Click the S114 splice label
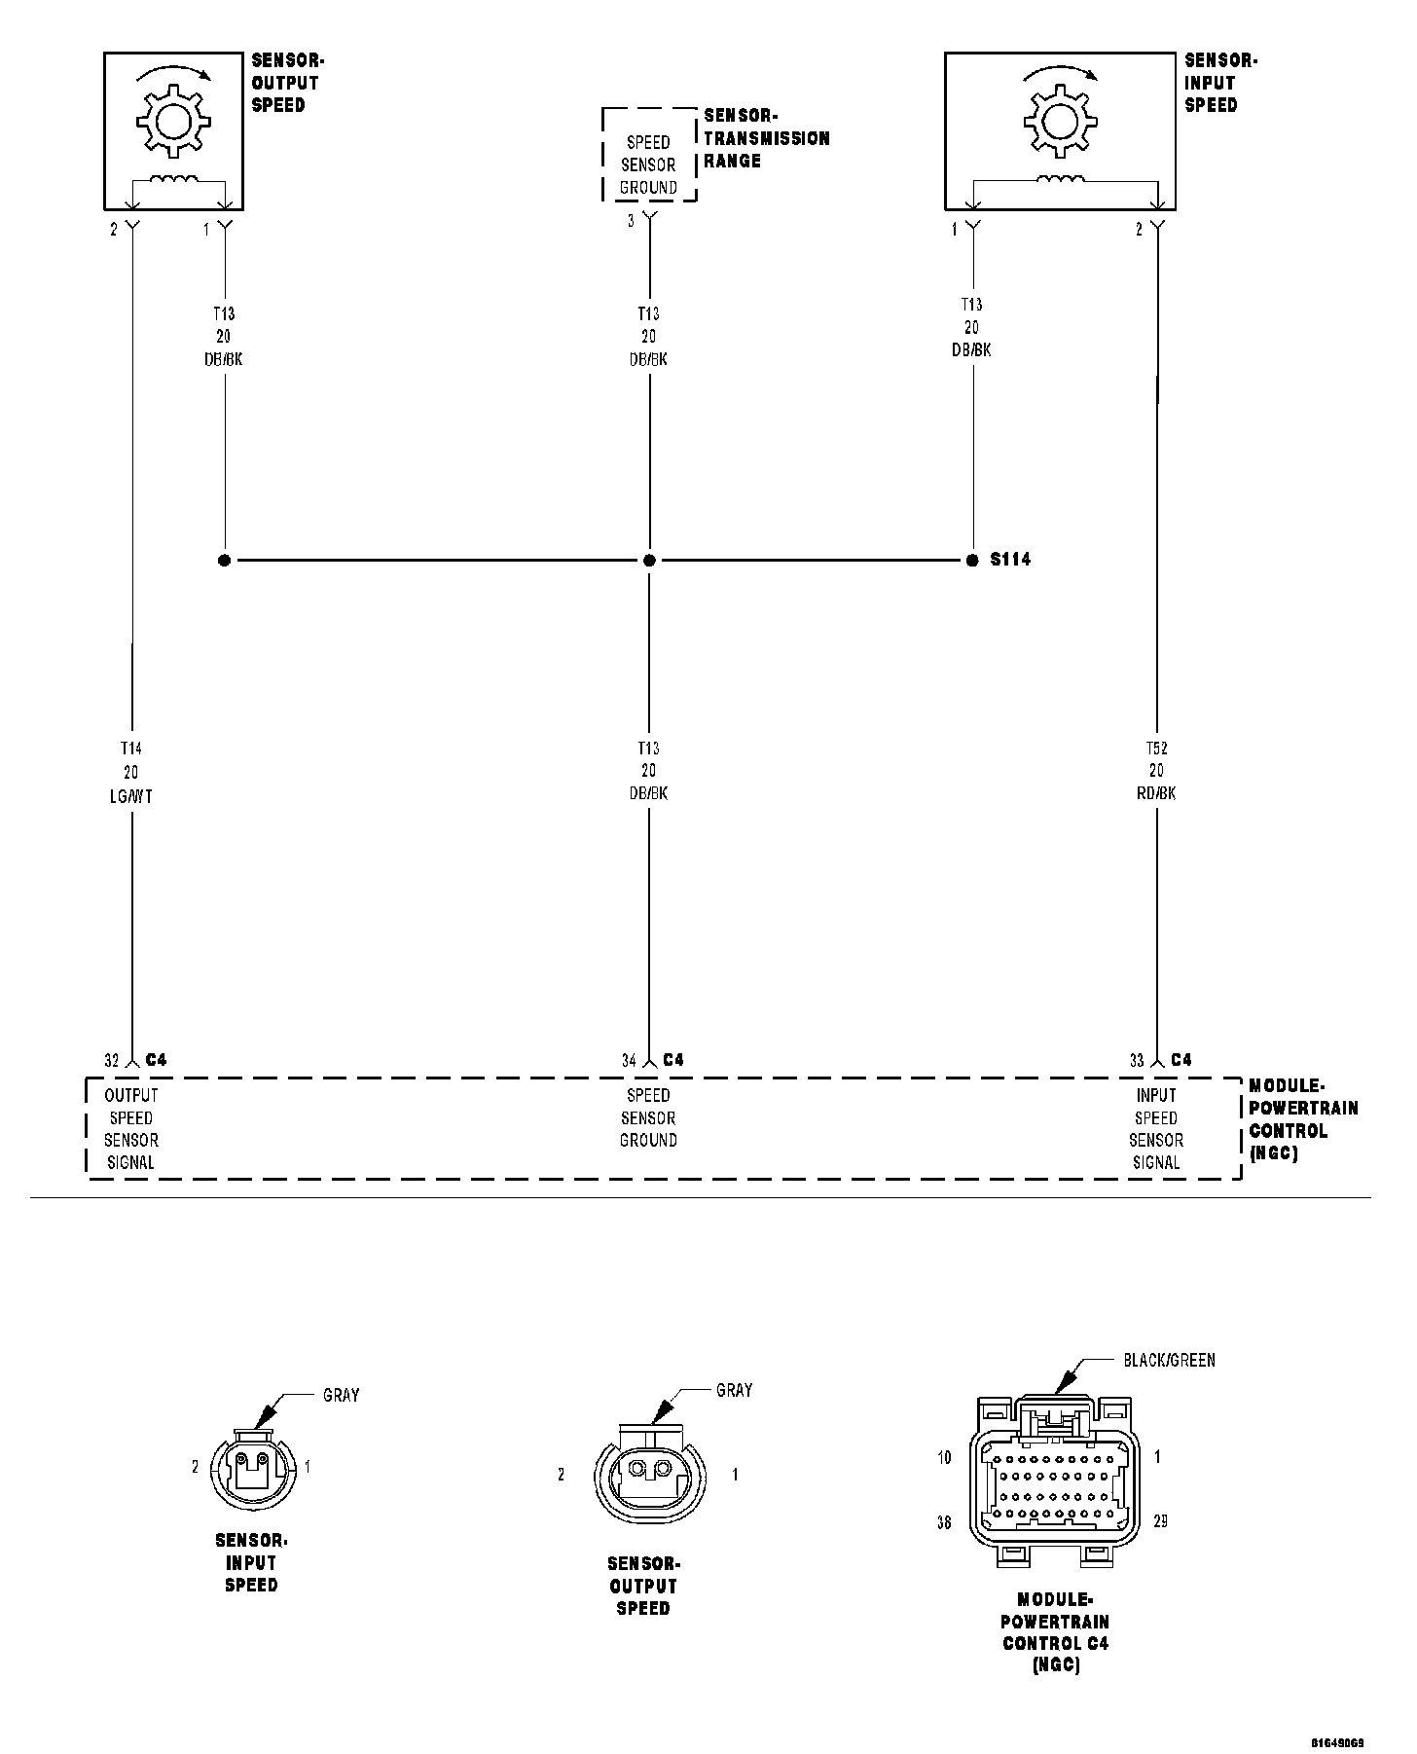(1010, 560)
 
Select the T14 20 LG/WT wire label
(130, 772)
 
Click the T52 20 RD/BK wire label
(1156, 771)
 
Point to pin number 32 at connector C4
(111, 1060)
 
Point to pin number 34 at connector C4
(629, 1060)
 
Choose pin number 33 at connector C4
(1137, 1060)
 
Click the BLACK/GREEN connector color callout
(1169, 1360)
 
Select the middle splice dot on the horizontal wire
(649, 561)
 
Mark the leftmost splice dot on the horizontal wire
(224, 561)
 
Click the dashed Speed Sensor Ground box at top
(649, 155)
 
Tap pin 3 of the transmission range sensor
(631, 222)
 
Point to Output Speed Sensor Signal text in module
(130, 1129)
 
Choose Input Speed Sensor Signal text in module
(1156, 1129)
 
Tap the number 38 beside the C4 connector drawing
(943, 1523)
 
